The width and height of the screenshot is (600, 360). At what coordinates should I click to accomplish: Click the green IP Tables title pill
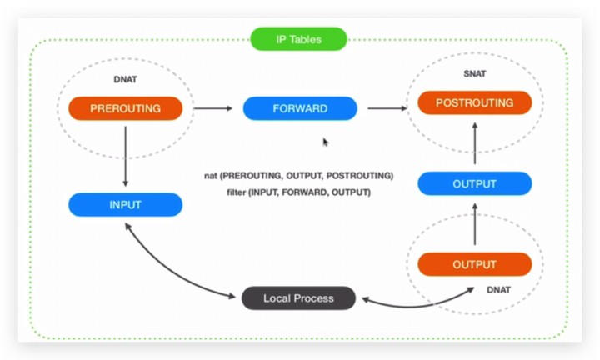[x=298, y=39]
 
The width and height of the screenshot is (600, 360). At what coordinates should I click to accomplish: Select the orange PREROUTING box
[x=126, y=108]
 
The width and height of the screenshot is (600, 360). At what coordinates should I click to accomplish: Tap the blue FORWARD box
[x=300, y=108]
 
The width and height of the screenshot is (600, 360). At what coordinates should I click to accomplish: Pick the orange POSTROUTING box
[x=474, y=102]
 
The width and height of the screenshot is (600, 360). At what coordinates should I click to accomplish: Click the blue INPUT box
[x=126, y=205]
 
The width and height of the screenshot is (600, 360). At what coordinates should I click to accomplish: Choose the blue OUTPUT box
[x=474, y=183]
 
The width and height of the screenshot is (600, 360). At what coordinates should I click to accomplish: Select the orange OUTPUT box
[x=474, y=264]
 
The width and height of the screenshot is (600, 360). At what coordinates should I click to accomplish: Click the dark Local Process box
[x=298, y=298]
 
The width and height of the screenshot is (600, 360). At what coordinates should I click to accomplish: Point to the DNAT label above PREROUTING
[x=125, y=79]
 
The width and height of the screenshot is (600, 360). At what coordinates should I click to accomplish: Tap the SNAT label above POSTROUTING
[x=475, y=74]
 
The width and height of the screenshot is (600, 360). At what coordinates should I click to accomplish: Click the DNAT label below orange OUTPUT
[x=498, y=290]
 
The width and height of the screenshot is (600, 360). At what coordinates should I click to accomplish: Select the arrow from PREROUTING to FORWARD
[x=213, y=108]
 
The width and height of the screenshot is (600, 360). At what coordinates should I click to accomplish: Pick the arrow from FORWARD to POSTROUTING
[x=387, y=108]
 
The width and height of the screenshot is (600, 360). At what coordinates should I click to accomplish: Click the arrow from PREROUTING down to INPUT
[x=126, y=156]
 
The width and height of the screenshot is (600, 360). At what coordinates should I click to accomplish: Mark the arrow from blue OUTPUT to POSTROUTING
[x=475, y=143]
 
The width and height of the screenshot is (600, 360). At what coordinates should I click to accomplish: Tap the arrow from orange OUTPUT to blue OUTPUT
[x=475, y=224]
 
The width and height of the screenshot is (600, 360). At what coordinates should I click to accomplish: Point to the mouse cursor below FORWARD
[x=325, y=142]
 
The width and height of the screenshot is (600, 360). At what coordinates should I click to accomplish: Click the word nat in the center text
[x=211, y=176]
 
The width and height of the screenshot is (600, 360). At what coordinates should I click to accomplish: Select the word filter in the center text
[x=236, y=192]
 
